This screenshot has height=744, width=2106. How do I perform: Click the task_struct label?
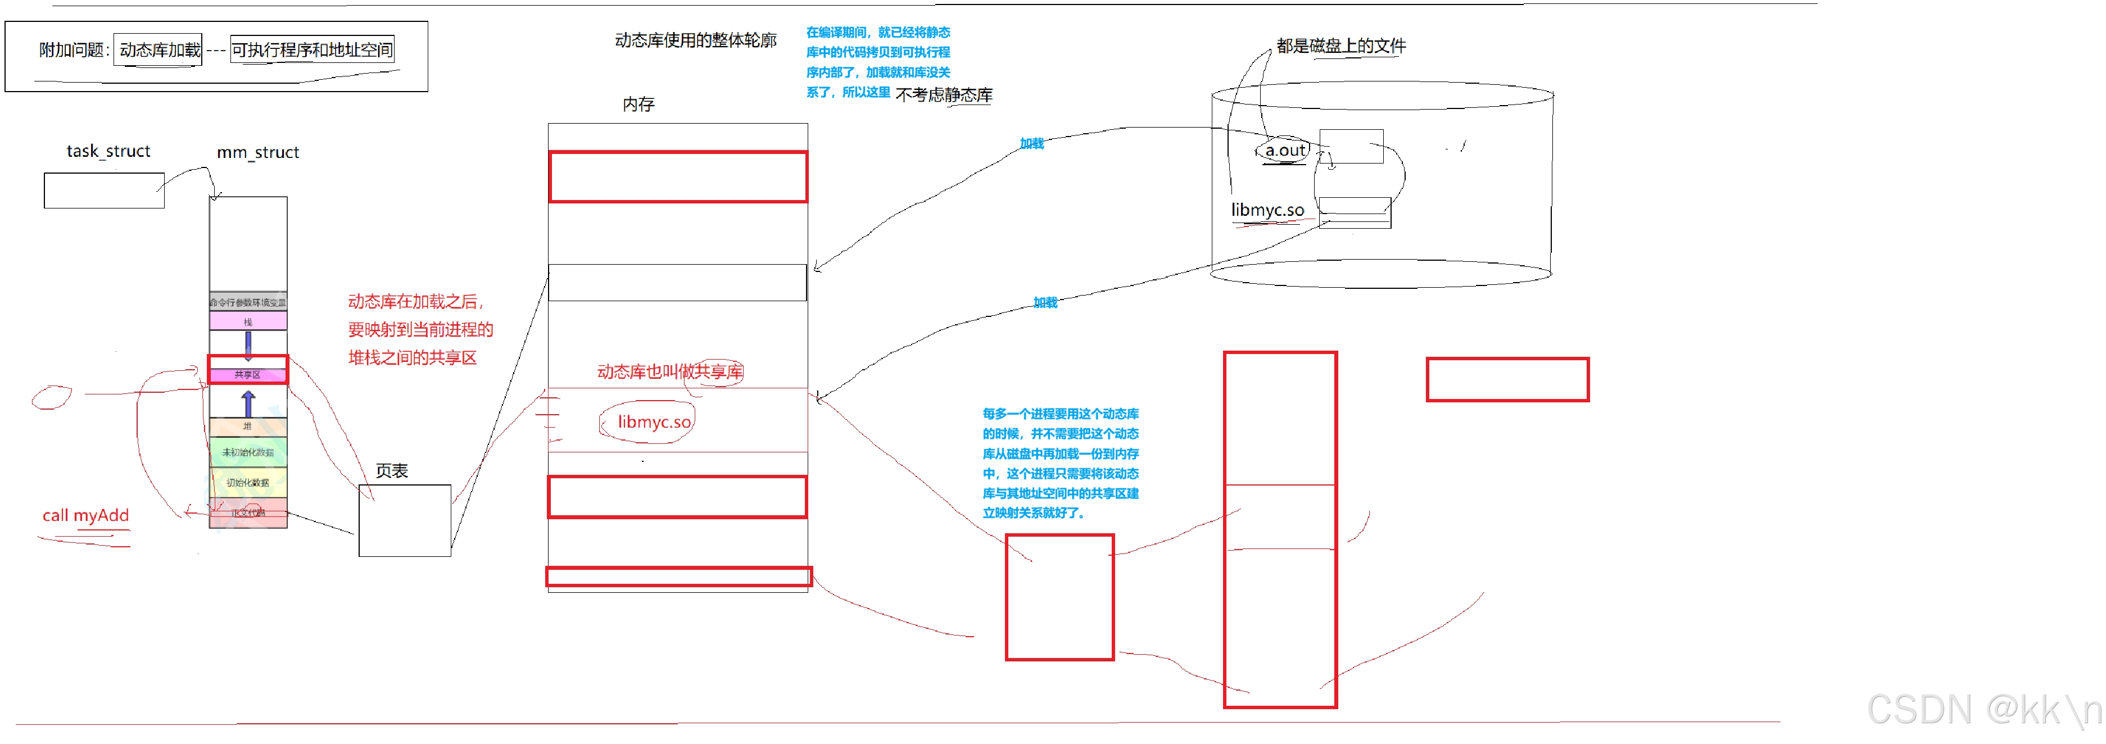(x=108, y=151)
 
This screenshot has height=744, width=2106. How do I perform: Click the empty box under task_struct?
(x=104, y=190)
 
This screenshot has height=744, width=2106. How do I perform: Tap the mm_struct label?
(x=257, y=153)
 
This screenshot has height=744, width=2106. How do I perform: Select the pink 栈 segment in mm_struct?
(x=248, y=321)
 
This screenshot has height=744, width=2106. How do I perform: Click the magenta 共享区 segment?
(x=248, y=374)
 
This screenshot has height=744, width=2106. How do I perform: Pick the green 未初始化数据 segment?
(x=248, y=452)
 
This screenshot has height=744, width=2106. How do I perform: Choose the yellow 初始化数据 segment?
(x=248, y=482)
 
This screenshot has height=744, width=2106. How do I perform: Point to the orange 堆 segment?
(x=248, y=426)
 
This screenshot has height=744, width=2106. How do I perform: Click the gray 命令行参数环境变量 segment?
(x=248, y=302)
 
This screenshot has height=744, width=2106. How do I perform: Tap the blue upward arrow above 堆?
(x=248, y=403)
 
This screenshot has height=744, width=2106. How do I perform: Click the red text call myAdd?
(x=86, y=516)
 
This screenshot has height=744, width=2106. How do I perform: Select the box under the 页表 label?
(x=405, y=521)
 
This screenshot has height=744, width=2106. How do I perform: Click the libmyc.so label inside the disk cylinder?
(x=1267, y=210)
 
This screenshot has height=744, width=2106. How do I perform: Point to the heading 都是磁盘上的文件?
(x=1341, y=46)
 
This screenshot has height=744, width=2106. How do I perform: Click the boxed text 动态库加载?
(x=160, y=50)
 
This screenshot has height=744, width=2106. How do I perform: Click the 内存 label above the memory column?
(x=638, y=105)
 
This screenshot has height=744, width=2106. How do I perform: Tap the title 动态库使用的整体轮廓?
(x=695, y=40)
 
